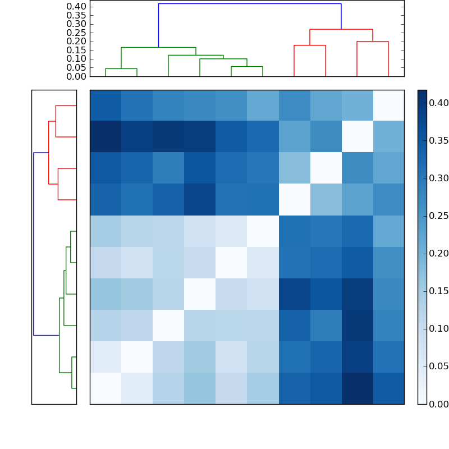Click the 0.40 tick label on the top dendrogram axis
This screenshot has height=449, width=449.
coord(77,6)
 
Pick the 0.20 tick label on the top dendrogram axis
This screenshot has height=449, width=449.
coord(77,41)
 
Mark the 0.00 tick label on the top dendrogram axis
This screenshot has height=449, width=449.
coord(77,76)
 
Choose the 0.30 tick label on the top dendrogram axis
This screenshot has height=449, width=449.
coord(77,24)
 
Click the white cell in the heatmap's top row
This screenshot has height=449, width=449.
coord(388,105)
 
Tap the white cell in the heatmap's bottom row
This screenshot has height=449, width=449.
coord(106,388)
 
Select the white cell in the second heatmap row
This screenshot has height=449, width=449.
coord(357,136)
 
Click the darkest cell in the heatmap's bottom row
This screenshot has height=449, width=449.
coord(357,388)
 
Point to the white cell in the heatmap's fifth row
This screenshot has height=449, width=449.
coord(263,231)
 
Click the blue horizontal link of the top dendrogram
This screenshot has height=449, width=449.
coord(250,3)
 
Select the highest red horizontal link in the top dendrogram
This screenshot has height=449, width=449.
coord(341,29)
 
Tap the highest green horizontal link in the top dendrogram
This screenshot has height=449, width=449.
coord(158,47)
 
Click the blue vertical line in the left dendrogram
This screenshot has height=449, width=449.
coord(34,244)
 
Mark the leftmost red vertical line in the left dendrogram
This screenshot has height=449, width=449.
coord(49,153)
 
